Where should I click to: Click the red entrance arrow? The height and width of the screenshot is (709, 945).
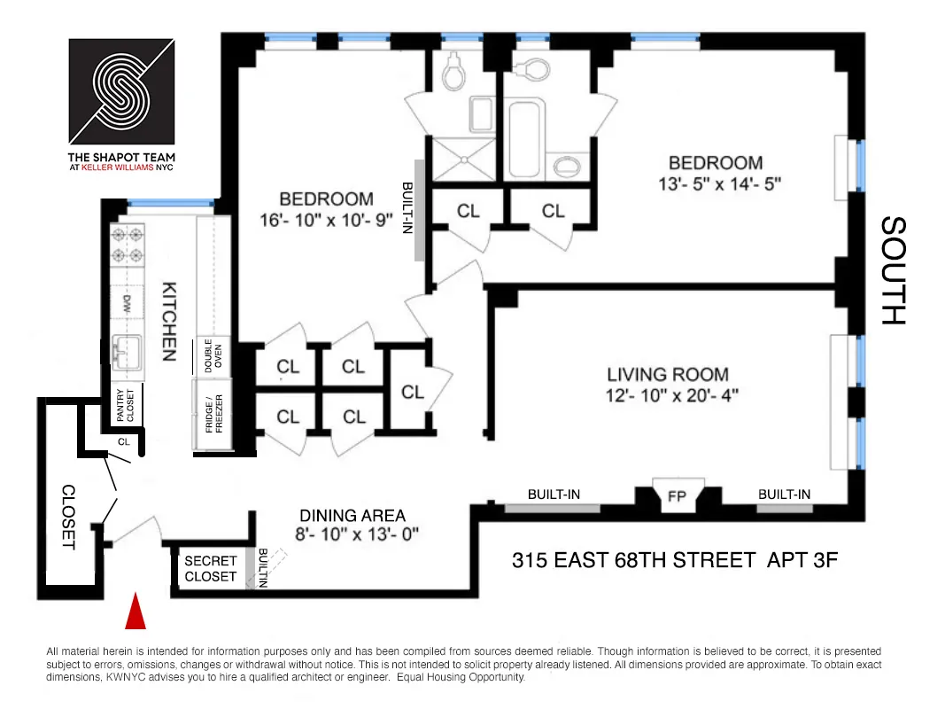tap(135, 612)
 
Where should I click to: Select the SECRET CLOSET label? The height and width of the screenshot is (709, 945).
tap(211, 568)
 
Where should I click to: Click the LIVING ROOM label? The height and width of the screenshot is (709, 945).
tap(668, 374)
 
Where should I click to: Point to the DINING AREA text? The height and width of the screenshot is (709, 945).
tap(352, 516)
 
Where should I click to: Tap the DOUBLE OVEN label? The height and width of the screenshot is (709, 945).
tap(213, 356)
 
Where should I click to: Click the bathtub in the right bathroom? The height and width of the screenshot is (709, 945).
tap(526, 140)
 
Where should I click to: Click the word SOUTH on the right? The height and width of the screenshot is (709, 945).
tap(894, 270)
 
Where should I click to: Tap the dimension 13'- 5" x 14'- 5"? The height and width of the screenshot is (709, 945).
tap(716, 184)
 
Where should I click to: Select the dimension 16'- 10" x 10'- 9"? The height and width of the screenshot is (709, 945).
tap(326, 221)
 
